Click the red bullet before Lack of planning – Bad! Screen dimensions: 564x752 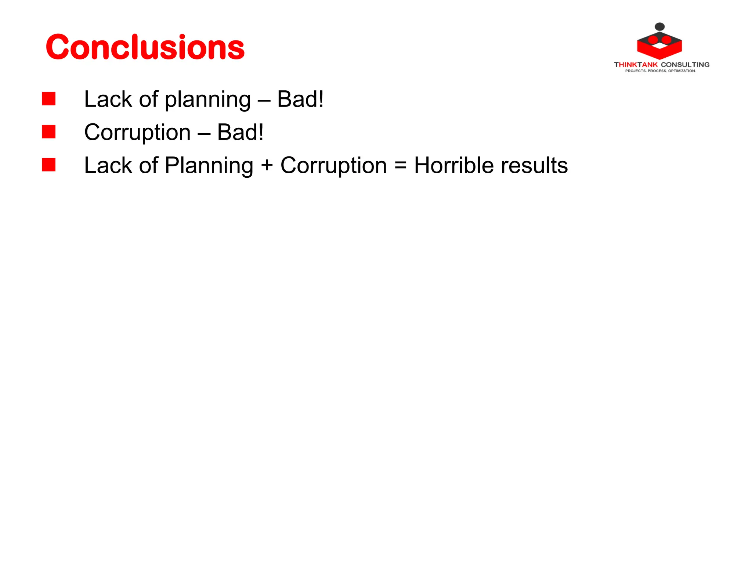click(x=48, y=99)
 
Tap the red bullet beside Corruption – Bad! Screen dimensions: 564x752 click(x=48, y=132)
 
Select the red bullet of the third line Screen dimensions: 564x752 click(x=48, y=165)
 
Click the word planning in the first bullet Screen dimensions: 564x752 click(x=207, y=100)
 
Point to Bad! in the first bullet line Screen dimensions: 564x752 click(x=300, y=99)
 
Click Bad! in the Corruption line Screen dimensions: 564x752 click(x=240, y=132)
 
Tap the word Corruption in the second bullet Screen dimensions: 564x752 click(x=137, y=133)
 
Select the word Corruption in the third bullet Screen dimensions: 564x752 click(x=333, y=166)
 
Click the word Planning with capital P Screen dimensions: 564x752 click(x=209, y=166)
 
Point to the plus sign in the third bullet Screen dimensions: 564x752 click(x=267, y=165)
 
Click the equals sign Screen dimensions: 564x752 click(x=400, y=165)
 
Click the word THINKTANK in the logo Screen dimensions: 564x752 click(x=636, y=65)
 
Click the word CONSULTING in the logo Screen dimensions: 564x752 click(x=685, y=65)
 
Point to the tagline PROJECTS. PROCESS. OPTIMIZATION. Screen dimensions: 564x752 click(x=660, y=71)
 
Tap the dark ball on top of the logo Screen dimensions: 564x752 click(x=660, y=26)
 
